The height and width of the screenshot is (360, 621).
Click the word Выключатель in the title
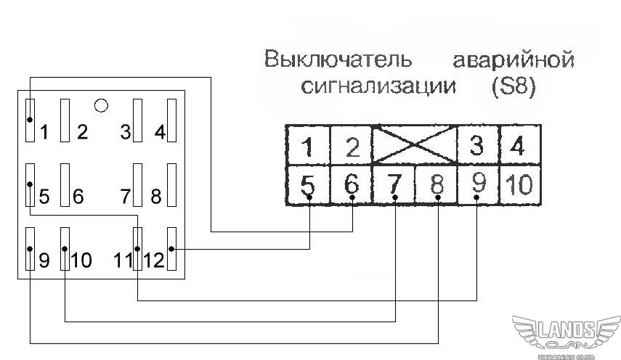pyautogui.click(x=338, y=60)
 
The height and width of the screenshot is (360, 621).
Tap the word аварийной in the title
pyautogui.click(x=514, y=60)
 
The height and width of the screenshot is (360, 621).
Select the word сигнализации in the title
pyautogui.click(x=378, y=86)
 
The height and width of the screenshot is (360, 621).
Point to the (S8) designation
pyautogui.click(x=514, y=86)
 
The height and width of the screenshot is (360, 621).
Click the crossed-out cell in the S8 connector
pyautogui.click(x=415, y=144)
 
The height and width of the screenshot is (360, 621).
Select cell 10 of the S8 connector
pyautogui.click(x=520, y=184)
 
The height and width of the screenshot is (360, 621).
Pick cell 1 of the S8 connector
pyautogui.click(x=308, y=146)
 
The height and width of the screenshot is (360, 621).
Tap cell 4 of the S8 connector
pyautogui.click(x=519, y=145)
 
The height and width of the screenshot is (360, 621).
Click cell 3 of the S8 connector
pyautogui.click(x=478, y=145)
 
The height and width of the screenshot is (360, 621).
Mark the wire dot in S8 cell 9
pyautogui.click(x=477, y=197)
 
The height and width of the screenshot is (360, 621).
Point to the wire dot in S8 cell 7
pyautogui.click(x=395, y=197)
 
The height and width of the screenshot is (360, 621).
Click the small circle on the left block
pyautogui.click(x=102, y=105)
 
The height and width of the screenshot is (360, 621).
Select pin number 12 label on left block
pyautogui.click(x=154, y=261)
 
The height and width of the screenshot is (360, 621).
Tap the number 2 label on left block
pyautogui.click(x=82, y=132)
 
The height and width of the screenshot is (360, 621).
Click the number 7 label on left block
pyautogui.click(x=126, y=196)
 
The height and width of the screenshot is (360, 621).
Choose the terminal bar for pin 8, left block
pyautogui.click(x=171, y=185)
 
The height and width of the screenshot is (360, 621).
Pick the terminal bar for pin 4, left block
pyautogui.click(x=171, y=120)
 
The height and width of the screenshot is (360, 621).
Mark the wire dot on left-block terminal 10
pyautogui.click(x=65, y=249)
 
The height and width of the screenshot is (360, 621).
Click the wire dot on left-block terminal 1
pyautogui.click(x=30, y=120)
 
